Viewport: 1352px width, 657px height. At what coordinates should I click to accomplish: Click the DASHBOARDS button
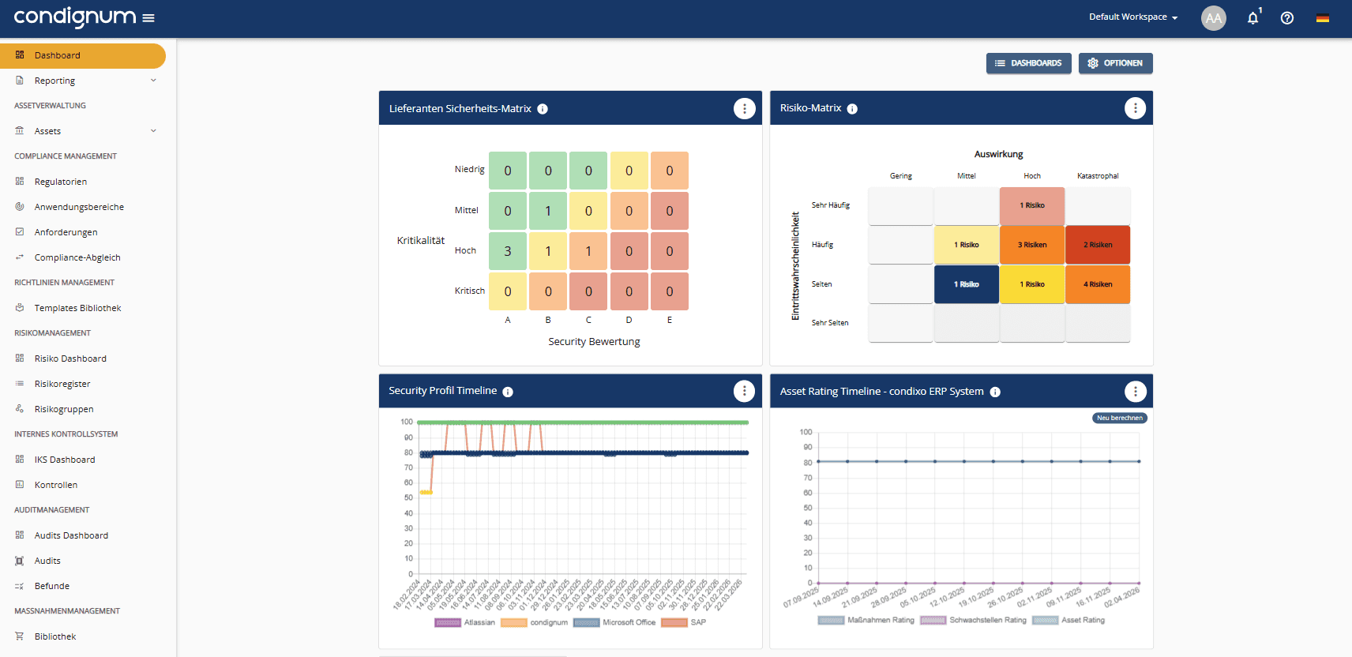pyautogui.click(x=1028, y=63)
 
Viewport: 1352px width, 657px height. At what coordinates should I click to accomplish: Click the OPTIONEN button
pyautogui.click(x=1115, y=63)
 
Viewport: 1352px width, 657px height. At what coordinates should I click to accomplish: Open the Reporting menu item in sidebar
pyautogui.click(x=55, y=81)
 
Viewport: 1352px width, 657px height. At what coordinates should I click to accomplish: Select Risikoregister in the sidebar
pyautogui.click(x=62, y=384)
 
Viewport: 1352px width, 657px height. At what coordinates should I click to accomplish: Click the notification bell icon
pyautogui.click(x=1252, y=18)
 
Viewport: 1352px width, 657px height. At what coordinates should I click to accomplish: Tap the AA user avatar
pyautogui.click(x=1213, y=18)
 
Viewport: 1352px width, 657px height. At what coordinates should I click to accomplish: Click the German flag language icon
pyautogui.click(x=1322, y=18)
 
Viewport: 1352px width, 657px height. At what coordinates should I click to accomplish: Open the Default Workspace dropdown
pyautogui.click(x=1132, y=17)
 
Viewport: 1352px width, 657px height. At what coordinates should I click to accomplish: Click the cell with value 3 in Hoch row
pyautogui.click(x=508, y=251)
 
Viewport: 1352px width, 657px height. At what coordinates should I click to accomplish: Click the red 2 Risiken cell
pyautogui.click(x=1097, y=245)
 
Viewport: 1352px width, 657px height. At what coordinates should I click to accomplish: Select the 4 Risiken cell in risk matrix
pyautogui.click(x=1097, y=284)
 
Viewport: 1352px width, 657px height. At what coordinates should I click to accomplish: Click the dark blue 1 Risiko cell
pyautogui.click(x=966, y=284)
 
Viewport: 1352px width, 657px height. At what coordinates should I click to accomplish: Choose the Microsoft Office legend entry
pyautogui.click(x=616, y=622)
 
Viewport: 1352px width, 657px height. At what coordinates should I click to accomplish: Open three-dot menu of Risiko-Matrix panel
pyautogui.click(x=1135, y=108)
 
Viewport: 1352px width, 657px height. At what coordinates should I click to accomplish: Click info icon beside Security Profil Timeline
pyautogui.click(x=508, y=392)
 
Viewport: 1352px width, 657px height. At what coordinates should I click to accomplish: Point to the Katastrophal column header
pyautogui.click(x=1098, y=176)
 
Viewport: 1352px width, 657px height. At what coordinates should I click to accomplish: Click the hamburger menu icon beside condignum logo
pyautogui.click(x=148, y=17)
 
